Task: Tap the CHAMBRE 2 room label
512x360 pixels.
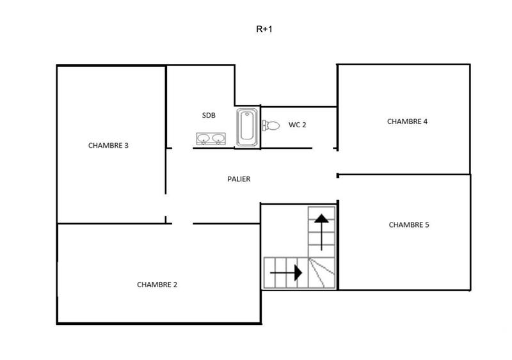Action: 157,285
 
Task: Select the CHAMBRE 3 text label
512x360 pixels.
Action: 108,145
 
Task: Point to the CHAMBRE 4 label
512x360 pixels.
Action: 407,121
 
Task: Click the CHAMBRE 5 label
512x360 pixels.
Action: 408,224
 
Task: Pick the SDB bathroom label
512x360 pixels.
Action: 209,115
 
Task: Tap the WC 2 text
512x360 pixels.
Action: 297,125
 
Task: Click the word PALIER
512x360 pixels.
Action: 239,179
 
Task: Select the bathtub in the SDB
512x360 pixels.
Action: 247,127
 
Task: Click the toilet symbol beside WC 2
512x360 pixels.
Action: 271,125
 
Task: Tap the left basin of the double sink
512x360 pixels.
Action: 204,138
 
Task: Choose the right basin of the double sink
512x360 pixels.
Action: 218,138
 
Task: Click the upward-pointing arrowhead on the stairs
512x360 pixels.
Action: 321,219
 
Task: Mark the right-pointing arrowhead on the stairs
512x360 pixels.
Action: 297,273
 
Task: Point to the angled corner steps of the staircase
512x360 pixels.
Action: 322,273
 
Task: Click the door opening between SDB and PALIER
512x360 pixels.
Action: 182,148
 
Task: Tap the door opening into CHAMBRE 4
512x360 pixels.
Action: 337,161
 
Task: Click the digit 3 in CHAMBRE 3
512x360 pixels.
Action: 127,145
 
